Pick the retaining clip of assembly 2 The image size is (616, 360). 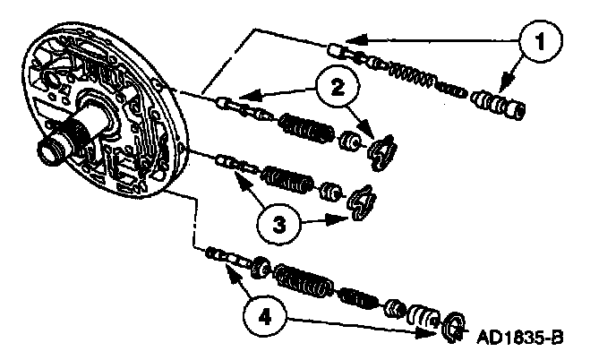384,149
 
